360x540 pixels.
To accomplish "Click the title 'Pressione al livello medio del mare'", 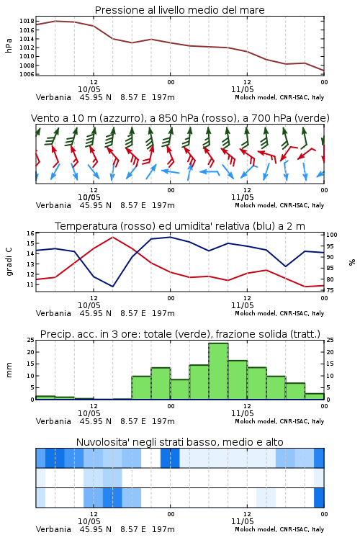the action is coord(179,10).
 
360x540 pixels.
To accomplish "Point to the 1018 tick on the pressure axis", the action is coord(27,21).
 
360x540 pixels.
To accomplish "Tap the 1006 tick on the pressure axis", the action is coord(27,74).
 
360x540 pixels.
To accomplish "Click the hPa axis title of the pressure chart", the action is coord(9,45).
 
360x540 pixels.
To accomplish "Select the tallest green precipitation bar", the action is coord(218,371).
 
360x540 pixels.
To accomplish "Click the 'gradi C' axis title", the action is coord(9,262).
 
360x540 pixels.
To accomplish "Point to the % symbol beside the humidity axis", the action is coord(352,262).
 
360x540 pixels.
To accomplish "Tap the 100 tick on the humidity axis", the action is coord(332,235).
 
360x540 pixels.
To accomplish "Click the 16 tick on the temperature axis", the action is coord(30,233).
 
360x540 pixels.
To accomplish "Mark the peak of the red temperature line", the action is coord(112,237).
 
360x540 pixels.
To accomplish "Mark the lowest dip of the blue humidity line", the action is coord(112,287).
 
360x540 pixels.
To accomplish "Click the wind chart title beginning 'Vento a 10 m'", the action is coord(180,118).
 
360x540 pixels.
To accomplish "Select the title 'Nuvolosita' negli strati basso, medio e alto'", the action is coord(179,442).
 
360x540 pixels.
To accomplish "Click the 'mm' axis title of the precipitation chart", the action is coord(9,370).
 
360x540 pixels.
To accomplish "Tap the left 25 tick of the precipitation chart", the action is coord(30,341).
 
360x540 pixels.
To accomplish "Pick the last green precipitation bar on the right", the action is coord(315,397).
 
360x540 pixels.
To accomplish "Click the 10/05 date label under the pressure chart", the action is coord(89,89).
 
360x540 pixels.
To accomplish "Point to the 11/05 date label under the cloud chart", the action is coord(242,521).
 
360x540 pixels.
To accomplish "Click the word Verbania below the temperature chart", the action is coord(53,313).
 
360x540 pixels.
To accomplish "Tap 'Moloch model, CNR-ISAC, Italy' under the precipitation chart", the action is coord(279,421).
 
